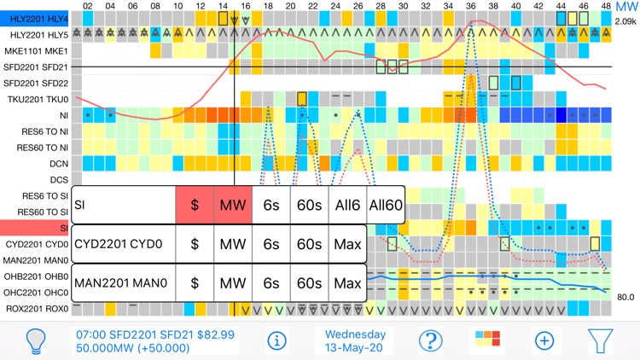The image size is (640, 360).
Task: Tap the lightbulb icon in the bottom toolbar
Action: click(x=36, y=340)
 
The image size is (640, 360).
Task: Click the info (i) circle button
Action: click(x=276, y=340)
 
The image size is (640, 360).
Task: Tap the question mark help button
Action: click(x=430, y=340)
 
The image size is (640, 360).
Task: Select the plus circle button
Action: click(x=544, y=340)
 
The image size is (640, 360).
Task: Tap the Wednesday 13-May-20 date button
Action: click(x=355, y=340)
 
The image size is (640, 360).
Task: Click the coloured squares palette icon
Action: click(x=487, y=340)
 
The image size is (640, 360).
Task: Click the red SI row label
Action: click(x=36, y=228)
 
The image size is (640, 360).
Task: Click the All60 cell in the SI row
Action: click(x=386, y=205)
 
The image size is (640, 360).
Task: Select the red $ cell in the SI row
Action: click(x=195, y=205)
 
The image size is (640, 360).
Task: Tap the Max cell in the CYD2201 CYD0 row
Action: click(x=348, y=244)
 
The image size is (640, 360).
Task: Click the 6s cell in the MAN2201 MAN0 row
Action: click(x=271, y=282)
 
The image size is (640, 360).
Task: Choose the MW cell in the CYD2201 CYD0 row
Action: click(x=233, y=244)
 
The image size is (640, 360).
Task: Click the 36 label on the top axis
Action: click(x=471, y=6)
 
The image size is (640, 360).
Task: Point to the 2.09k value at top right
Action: click(x=625, y=20)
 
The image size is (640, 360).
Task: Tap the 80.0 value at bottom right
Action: click(x=625, y=298)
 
